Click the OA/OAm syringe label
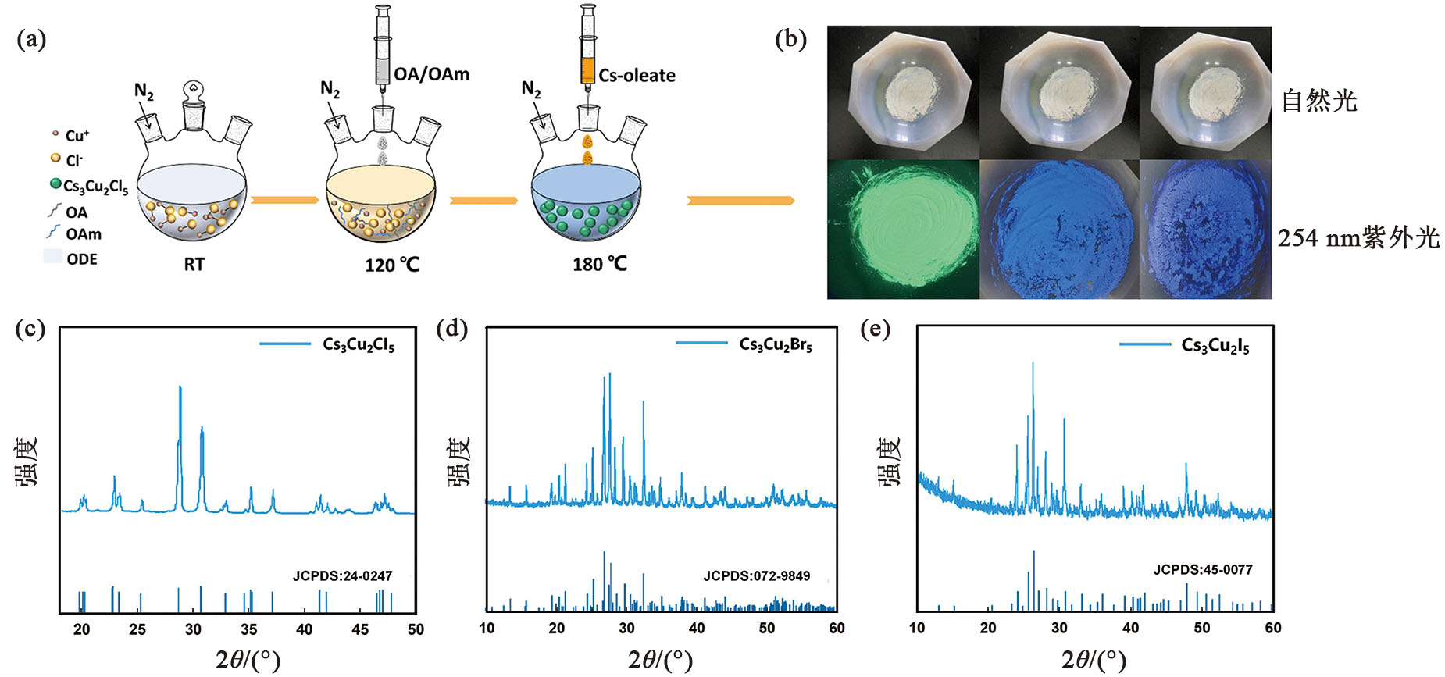pyautogui.click(x=431, y=74)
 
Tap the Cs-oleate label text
pyautogui.click(x=637, y=76)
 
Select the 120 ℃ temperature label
pyautogui.click(x=391, y=265)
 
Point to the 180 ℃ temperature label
pyautogui.click(x=599, y=264)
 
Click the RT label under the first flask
pyautogui.click(x=194, y=265)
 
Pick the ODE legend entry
pyautogui.click(x=81, y=259)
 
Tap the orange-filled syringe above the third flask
pyautogui.click(x=587, y=55)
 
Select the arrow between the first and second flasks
pyautogui.click(x=285, y=201)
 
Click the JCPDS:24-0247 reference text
pyautogui.click(x=342, y=576)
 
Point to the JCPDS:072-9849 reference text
pyautogui.click(x=756, y=576)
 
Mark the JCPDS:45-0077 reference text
pyautogui.click(x=1202, y=570)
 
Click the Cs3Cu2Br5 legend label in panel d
pyautogui.click(x=775, y=344)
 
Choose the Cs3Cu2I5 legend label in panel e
pyautogui.click(x=1215, y=345)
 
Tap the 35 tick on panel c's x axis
pyautogui.click(x=248, y=630)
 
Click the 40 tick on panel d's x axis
pyautogui.click(x=697, y=628)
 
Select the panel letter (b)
pyautogui.click(x=790, y=39)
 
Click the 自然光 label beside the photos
pyautogui.click(x=1319, y=102)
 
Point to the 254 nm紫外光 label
pyautogui.click(x=1358, y=237)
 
